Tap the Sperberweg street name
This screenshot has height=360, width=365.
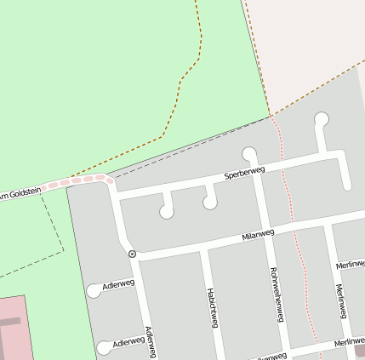244,173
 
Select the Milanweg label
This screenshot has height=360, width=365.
258,233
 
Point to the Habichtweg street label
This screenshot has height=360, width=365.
213,308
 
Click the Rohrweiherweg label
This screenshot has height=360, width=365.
275,294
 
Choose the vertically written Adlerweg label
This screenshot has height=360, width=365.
151,342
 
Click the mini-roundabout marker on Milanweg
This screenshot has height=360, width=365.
132,254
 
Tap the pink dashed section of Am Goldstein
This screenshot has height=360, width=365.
81,180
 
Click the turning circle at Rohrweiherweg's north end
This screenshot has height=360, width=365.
249,154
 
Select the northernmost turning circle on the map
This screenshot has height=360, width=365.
321,119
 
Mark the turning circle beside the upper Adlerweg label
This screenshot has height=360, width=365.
94,291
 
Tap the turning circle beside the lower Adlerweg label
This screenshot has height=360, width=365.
104,347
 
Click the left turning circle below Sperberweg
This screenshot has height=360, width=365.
167,212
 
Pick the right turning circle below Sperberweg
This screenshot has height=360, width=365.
209,203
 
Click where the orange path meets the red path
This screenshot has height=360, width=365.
271,115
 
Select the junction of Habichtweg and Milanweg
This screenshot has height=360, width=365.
204,247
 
